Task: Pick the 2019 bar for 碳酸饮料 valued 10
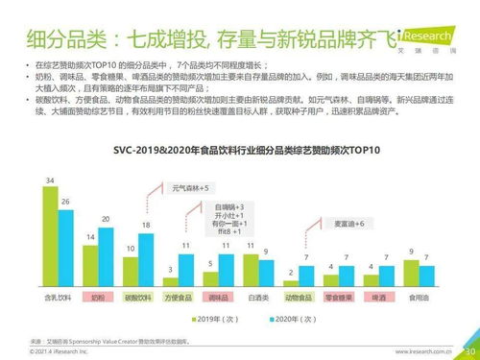pos(131,275)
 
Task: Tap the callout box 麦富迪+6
pos(347,223)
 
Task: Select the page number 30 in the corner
pos(469,351)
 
